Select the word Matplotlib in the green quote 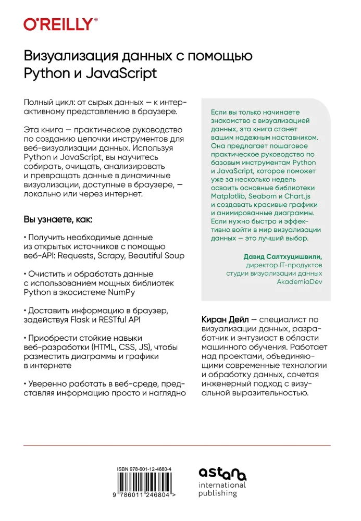click(x=231, y=196)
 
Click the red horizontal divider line click(x=177, y=445)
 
